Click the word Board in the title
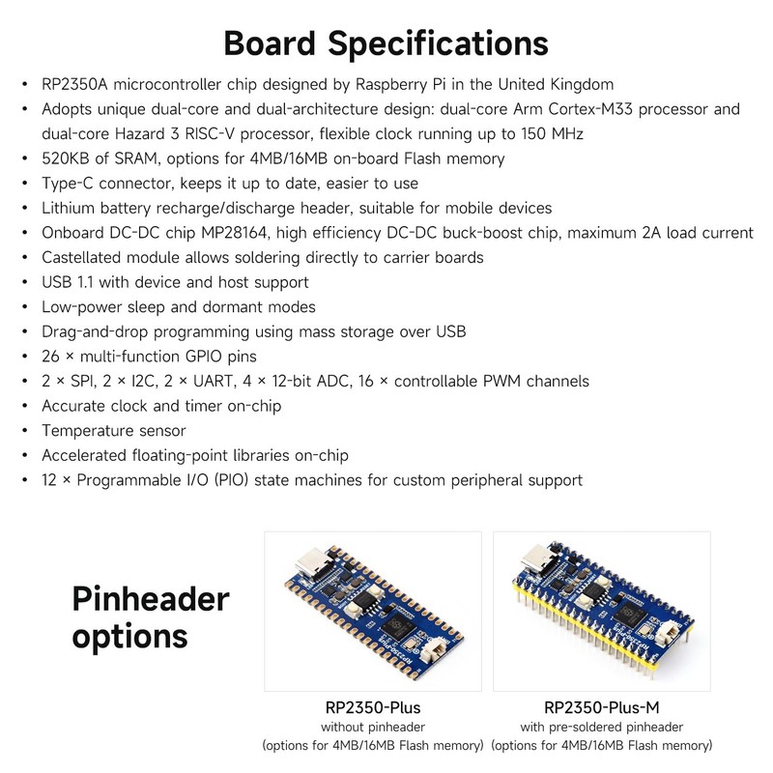(272, 43)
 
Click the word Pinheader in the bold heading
(151, 600)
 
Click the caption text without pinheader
(372, 727)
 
